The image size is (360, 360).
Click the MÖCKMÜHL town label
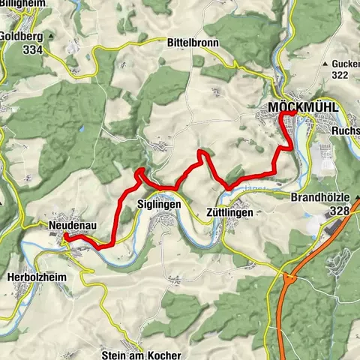click(303, 109)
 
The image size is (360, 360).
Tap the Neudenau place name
click(70, 225)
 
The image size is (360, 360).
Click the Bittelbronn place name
click(193, 43)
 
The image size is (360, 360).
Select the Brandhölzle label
click(323, 199)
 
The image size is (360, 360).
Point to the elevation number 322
click(342, 76)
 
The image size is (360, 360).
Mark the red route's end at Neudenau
click(65, 236)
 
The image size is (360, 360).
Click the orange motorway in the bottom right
click(283, 315)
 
